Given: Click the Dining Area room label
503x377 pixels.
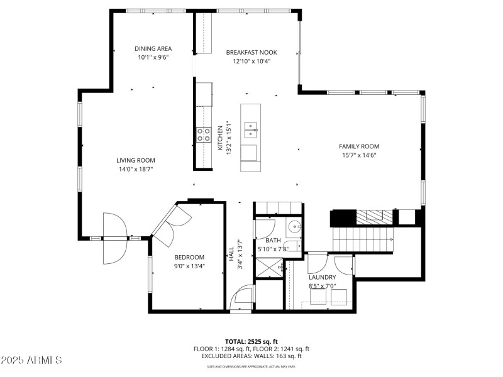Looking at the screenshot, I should (x=153, y=48).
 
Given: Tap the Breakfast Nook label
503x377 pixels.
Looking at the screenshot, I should (x=251, y=53).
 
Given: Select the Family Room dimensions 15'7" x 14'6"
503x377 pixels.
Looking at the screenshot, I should (x=359, y=155).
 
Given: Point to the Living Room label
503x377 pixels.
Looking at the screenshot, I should (x=135, y=160).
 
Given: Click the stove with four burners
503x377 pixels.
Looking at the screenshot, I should (x=204, y=134).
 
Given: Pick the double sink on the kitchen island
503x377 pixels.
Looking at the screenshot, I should (x=251, y=130).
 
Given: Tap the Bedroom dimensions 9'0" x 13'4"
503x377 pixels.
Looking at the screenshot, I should (x=189, y=266).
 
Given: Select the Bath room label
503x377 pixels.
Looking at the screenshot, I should (x=274, y=241).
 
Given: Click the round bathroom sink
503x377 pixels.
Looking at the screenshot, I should (x=294, y=227).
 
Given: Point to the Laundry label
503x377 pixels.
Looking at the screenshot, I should (x=322, y=277).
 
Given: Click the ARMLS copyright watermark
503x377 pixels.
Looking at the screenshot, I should (x=31, y=361).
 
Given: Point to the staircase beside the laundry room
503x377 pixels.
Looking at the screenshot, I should (x=362, y=238).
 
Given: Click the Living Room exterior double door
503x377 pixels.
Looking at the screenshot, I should (x=115, y=238).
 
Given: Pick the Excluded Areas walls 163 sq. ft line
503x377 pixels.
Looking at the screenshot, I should (x=251, y=356).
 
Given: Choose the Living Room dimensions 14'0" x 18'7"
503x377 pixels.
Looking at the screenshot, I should (x=135, y=169).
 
